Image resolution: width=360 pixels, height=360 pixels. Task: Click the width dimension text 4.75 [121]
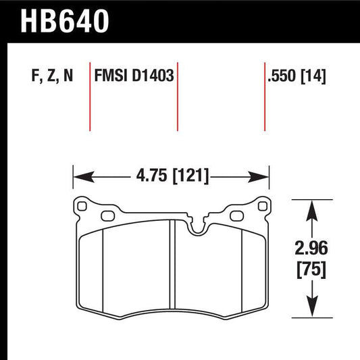point(172,177)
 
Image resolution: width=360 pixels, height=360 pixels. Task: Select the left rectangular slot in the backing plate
point(107,216)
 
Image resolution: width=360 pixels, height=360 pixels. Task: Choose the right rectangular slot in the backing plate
point(236,216)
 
